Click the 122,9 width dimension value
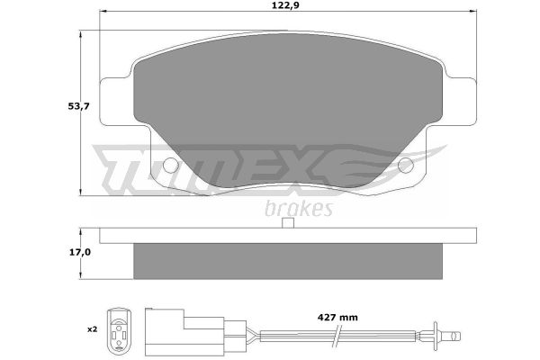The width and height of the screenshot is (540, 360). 285,6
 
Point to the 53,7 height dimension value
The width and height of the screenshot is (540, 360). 78,106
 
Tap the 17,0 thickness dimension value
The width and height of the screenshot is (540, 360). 80,253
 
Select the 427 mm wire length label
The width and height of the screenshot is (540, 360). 337,318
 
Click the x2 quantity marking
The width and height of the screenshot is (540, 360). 93,329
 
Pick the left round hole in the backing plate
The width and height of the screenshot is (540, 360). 170,166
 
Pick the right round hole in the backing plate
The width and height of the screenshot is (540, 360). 406,166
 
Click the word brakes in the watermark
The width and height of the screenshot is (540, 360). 299,208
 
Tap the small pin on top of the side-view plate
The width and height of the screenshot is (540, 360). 288,223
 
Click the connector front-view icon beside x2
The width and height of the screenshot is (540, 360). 119,330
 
